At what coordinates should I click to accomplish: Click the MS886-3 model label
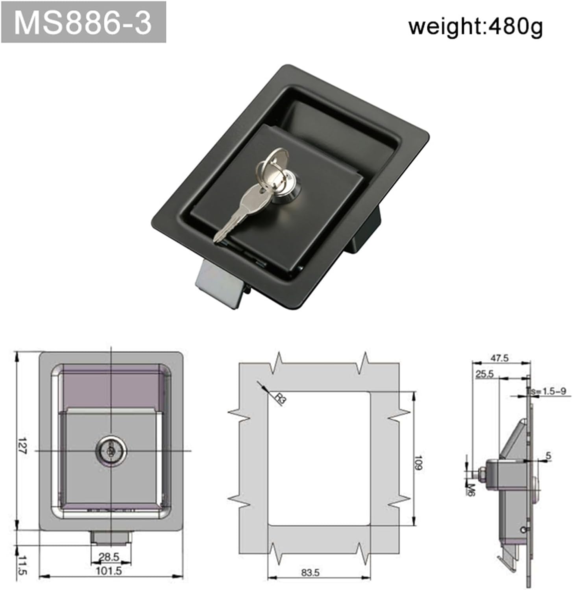[x=83, y=22]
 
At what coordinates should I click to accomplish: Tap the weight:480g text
[x=475, y=27]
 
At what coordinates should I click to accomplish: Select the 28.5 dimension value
[x=109, y=557]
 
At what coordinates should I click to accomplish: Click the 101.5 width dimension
[x=109, y=570]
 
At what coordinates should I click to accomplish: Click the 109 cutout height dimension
[x=418, y=463]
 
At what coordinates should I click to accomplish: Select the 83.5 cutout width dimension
[x=311, y=573]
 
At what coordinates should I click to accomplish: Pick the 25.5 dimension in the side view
[x=484, y=374]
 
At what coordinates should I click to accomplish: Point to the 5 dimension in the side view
[x=549, y=456]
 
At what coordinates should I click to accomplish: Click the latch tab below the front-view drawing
[x=110, y=538]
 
